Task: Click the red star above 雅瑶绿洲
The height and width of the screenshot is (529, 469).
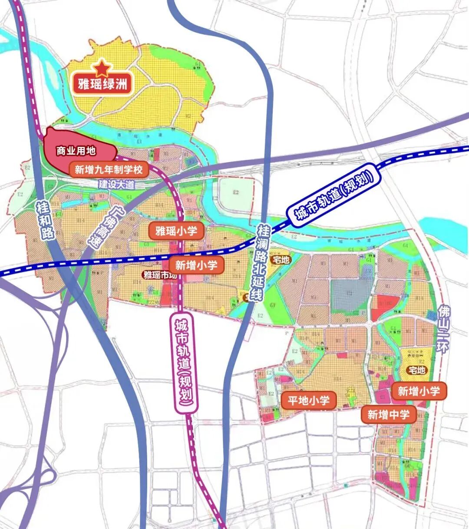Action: point(101,68)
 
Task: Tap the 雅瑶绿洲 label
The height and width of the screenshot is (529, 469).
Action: point(102,83)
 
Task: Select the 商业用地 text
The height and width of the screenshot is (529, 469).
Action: point(76,151)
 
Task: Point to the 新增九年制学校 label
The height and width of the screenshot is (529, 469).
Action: point(109,169)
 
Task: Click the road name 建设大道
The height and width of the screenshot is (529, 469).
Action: point(117,184)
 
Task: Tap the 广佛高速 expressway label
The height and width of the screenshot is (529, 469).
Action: point(101,228)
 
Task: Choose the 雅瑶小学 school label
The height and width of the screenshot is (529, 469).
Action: point(176,231)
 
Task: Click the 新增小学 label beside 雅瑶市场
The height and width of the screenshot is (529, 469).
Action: point(196,264)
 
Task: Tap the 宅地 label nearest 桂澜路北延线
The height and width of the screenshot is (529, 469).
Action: point(280,260)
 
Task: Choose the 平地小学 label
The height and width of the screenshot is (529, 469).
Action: point(308,400)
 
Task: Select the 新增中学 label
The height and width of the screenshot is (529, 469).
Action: point(388,415)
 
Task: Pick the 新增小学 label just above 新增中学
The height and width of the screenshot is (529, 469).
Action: point(419,391)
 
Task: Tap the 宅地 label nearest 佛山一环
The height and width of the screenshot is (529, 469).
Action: point(416,370)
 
